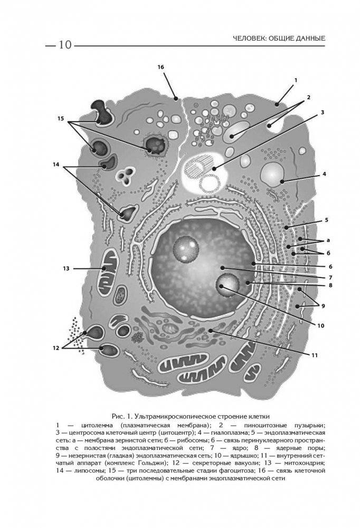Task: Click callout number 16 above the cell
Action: [x=161, y=67]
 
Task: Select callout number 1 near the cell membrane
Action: [x=296, y=80]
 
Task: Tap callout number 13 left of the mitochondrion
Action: [x=66, y=268]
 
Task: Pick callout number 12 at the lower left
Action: [x=56, y=347]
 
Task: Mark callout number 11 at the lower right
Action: [x=314, y=355]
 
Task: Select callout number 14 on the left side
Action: [x=56, y=165]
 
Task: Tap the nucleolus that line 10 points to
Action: [x=227, y=285]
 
